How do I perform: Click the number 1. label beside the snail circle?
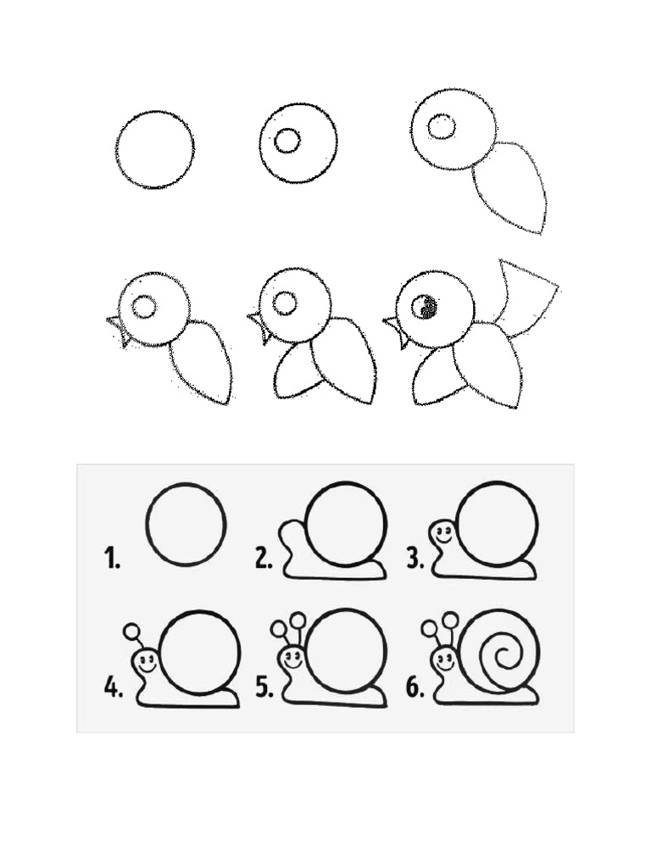[112, 559]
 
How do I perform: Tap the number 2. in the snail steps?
[264, 559]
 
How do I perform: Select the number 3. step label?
[415, 559]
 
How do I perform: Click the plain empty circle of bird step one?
[155, 149]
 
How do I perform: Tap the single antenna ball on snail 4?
[131, 632]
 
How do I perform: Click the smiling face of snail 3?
[442, 534]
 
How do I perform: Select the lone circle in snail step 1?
[186, 524]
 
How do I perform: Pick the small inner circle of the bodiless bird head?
[287, 141]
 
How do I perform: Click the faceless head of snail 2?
[292, 535]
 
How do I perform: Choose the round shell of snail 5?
[345, 650]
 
